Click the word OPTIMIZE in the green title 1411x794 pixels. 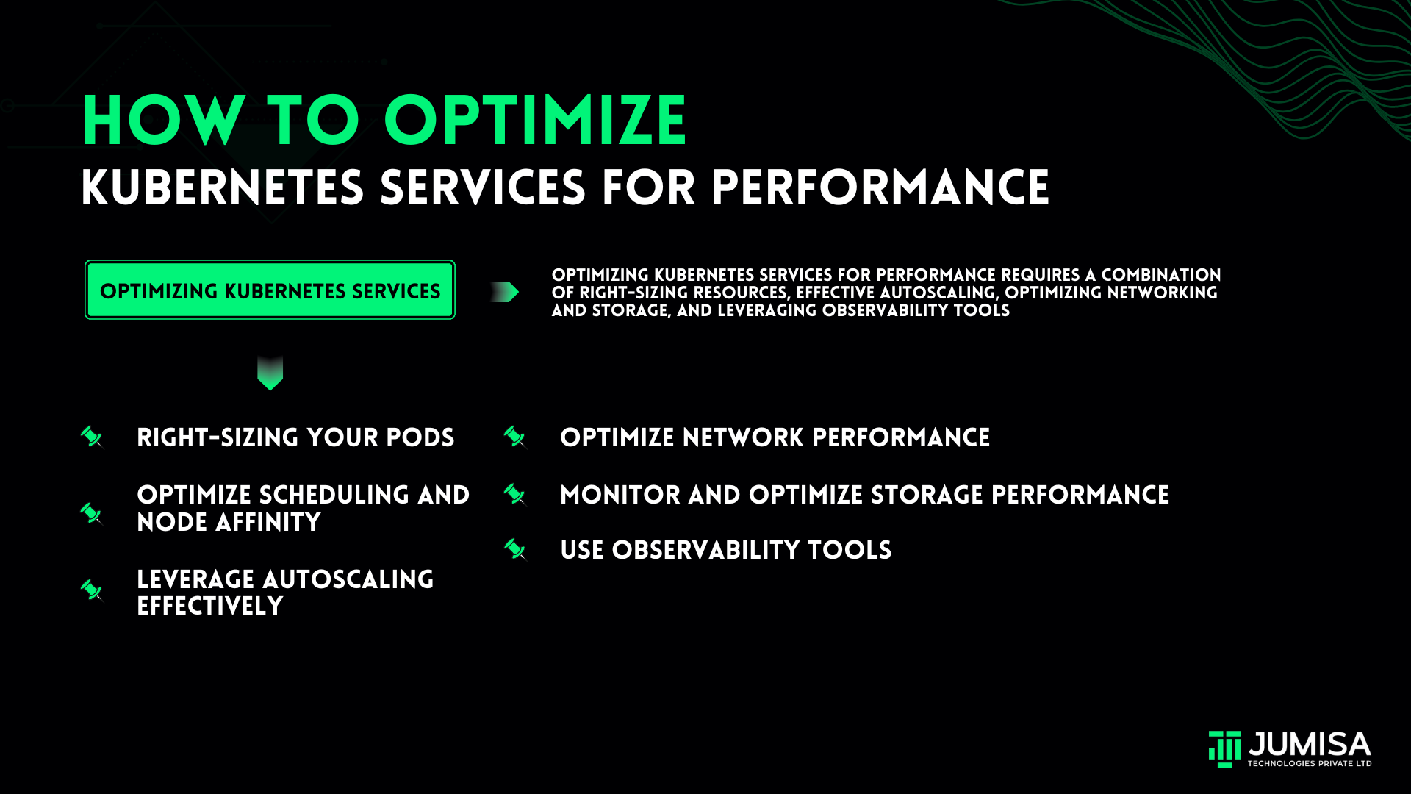[535, 121]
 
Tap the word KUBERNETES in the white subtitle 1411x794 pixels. [223, 188]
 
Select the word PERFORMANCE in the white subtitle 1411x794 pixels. [880, 188]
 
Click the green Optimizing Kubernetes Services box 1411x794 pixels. [270, 290]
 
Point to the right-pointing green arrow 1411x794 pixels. [505, 292]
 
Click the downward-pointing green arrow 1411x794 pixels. [270, 373]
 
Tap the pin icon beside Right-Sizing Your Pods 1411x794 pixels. [92, 437]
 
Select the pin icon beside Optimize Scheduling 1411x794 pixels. [92, 513]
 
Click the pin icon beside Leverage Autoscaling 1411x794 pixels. [92, 590]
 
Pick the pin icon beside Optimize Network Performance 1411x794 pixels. [515, 437]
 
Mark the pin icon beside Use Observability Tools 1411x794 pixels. [515, 550]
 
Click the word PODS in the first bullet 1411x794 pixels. [420, 437]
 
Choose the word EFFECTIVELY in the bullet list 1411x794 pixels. [210, 607]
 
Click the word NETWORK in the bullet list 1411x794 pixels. [743, 437]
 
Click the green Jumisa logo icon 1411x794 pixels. [1224, 749]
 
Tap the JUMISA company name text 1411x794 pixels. [1310, 744]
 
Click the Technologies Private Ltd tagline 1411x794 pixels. [1310, 764]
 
